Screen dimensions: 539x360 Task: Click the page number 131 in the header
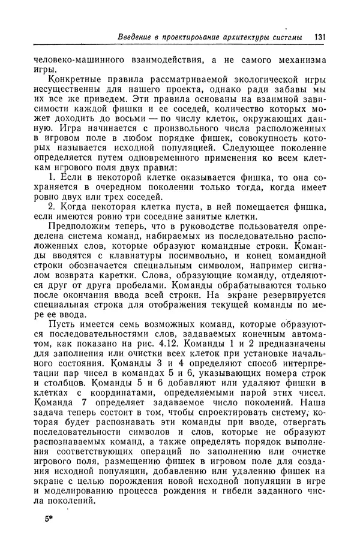[319, 38]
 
